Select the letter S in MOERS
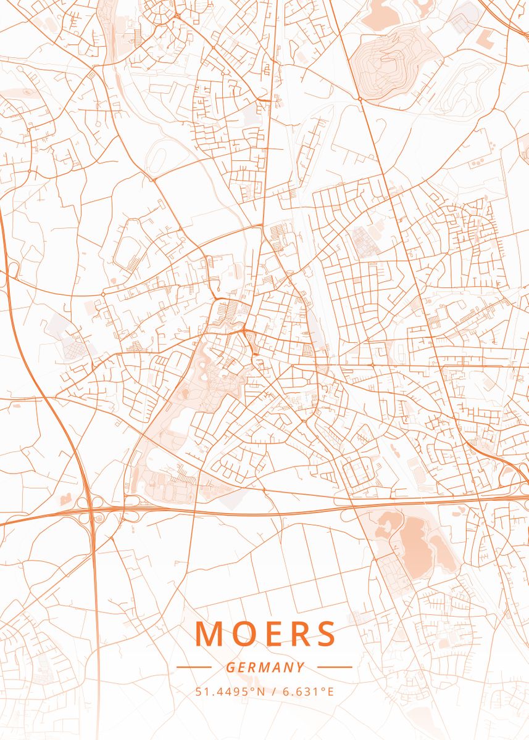[x=325, y=634]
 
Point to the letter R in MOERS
[x=298, y=634]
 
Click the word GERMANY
[x=265, y=667]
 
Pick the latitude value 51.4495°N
[x=230, y=691]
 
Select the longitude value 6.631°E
[x=308, y=691]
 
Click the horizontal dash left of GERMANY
[x=194, y=667]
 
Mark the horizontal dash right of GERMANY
[x=335, y=667]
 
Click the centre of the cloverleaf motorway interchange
[x=92, y=511]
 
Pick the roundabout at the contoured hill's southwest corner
[x=359, y=98]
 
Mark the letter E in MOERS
[x=270, y=634]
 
